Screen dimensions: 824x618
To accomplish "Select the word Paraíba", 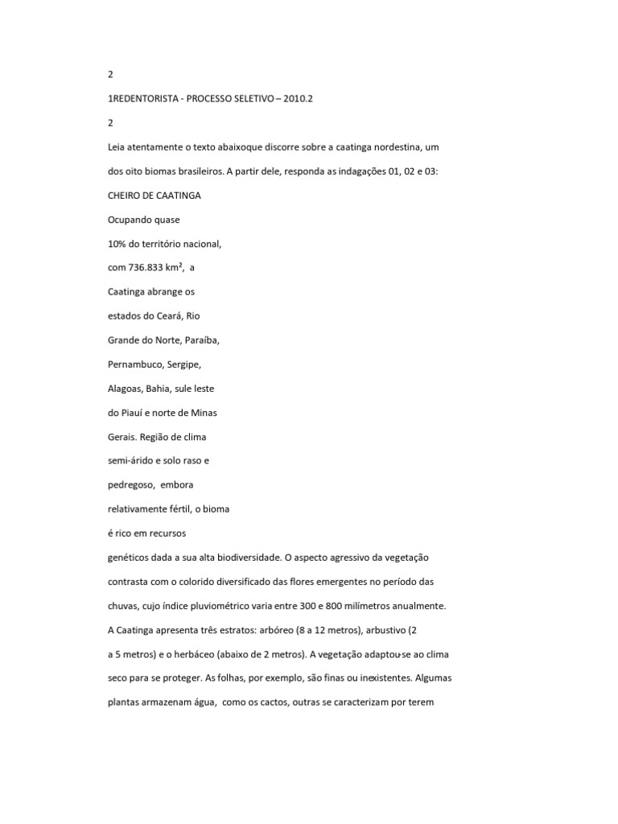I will tap(203, 340).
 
